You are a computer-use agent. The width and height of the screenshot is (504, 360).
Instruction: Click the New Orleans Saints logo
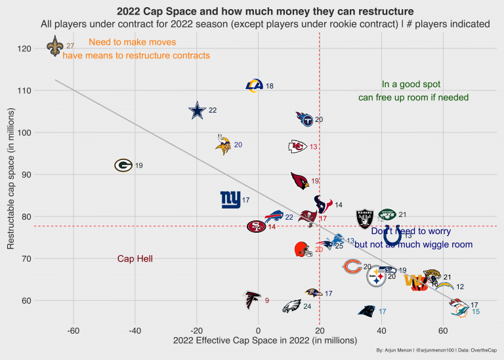(x=55, y=47)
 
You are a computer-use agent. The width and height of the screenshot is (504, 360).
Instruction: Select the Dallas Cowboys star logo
(x=196, y=110)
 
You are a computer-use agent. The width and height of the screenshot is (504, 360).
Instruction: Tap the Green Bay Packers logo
(x=122, y=166)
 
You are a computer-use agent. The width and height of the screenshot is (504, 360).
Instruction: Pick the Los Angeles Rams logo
(x=253, y=85)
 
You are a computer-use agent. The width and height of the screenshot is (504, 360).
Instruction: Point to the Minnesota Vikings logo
(x=222, y=144)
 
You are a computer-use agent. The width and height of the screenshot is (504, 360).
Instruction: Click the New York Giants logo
(x=230, y=199)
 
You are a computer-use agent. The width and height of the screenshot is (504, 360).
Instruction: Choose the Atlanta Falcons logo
(x=252, y=300)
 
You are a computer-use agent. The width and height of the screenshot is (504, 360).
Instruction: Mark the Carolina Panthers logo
(x=367, y=311)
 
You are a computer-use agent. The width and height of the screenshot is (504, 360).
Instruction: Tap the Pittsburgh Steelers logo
(x=376, y=279)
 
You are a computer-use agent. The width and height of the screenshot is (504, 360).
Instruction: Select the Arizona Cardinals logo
(x=300, y=180)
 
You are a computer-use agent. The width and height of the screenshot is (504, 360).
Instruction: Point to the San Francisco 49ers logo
(x=256, y=227)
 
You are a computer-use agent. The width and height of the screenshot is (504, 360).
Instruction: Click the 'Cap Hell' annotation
(x=135, y=259)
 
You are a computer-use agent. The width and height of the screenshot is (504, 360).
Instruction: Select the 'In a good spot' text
(x=411, y=85)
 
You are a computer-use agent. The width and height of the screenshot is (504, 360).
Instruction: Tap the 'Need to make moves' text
(x=132, y=43)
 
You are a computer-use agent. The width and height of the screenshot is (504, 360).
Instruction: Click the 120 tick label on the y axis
(x=25, y=49)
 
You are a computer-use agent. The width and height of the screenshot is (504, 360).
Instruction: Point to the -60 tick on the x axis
(x=73, y=329)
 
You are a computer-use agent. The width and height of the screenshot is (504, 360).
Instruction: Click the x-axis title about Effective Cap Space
(x=264, y=340)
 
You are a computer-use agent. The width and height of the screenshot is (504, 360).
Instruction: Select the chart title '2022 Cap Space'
(x=265, y=12)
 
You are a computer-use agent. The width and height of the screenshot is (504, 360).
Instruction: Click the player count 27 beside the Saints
(x=70, y=46)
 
